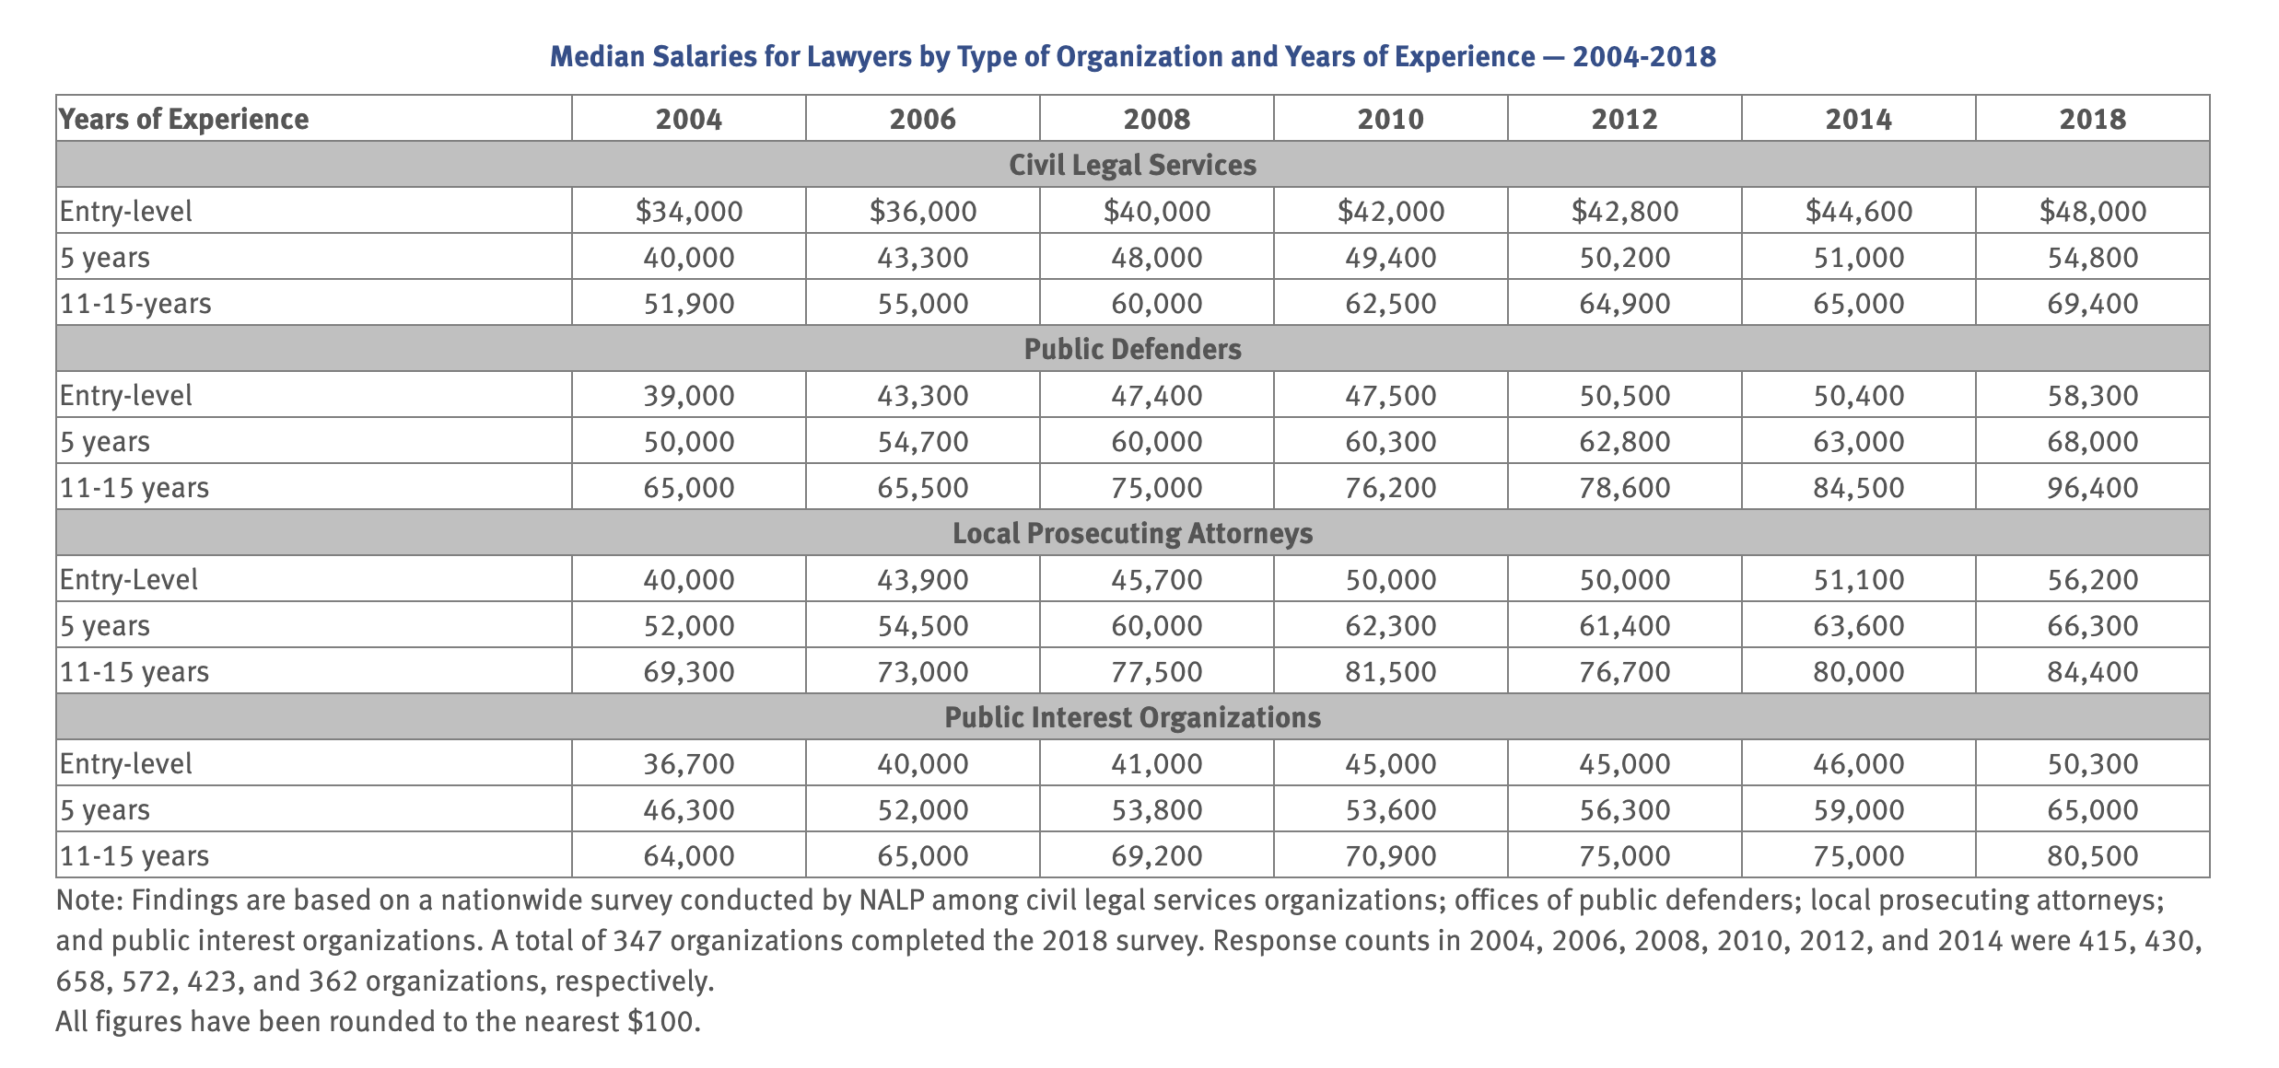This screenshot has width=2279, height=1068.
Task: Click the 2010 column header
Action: pos(1390,119)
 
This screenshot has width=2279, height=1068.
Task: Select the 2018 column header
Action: pos(2092,119)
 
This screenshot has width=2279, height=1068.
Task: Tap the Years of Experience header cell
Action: pos(184,119)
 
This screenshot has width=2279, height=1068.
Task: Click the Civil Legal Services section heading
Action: pos(1132,165)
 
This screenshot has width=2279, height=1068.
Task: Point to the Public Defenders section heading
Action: pos(1132,349)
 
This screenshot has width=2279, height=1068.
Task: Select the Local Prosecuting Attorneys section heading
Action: pos(1132,533)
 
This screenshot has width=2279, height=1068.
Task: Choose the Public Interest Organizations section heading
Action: pos(1132,717)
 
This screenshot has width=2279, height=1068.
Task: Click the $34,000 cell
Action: pos(689,211)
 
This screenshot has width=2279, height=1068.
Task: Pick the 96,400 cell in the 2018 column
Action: pos(2092,487)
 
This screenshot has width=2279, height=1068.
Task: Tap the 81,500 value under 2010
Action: pos(1390,671)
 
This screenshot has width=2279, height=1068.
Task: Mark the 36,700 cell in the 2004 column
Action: pos(689,763)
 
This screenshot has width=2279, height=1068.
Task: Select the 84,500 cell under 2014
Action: pos(1858,487)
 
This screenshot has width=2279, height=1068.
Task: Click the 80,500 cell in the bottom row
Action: pos(2092,855)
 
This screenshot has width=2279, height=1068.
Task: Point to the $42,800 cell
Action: pos(1624,211)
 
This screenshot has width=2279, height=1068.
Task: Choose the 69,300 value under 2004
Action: pos(689,671)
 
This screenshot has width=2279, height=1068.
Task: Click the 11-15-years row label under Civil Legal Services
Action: pos(135,303)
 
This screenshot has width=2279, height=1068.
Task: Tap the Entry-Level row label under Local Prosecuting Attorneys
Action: pos(129,579)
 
